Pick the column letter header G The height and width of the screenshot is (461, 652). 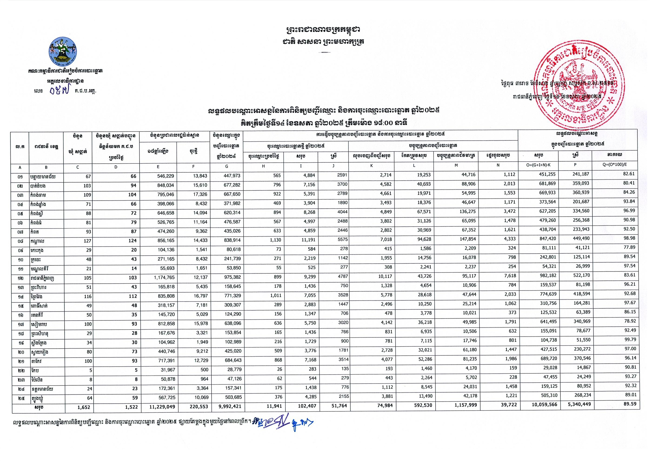tap(227, 167)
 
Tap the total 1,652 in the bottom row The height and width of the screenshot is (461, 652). tap(83, 407)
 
